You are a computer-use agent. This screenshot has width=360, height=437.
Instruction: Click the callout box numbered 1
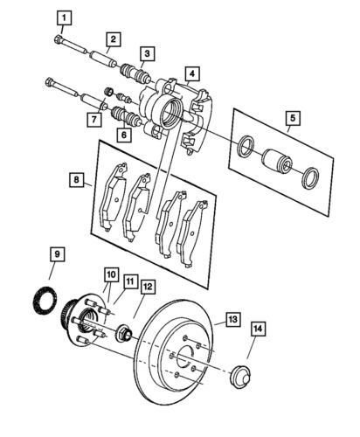point(63,17)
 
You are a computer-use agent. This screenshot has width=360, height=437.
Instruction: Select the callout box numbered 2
point(113,38)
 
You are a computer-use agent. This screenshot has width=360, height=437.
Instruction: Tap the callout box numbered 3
point(149,54)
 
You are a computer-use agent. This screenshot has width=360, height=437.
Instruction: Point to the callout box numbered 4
point(190,74)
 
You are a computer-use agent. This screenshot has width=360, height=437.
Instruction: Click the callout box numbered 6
point(123,135)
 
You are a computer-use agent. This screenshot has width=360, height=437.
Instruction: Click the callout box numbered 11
point(129,281)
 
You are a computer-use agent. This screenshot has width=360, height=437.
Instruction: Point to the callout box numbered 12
point(147,286)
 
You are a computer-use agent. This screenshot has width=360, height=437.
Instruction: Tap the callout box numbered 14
point(257,329)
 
